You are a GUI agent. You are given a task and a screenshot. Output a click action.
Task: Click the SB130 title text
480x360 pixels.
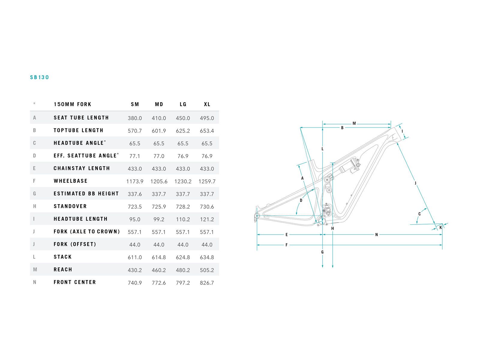pyautogui.click(x=39, y=77)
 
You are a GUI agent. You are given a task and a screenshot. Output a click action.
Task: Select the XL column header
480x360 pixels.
pyautogui.click(x=207, y=104)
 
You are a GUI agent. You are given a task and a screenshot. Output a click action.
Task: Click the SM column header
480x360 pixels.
pyautogui.click(x=135, y=104)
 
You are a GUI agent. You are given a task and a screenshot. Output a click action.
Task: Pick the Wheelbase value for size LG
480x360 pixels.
pyautogui.click(x=183, y=181)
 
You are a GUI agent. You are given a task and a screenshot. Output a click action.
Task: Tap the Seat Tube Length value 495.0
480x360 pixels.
pyautogui.click(x=207, y=118)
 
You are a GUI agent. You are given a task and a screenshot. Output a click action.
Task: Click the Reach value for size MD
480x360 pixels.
pyautogui.click(x=159, y=270)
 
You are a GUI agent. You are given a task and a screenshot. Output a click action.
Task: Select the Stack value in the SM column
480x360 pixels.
pyautogui.click(x=135, y=257)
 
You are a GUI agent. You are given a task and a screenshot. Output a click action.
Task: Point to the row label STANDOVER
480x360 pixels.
pyautogui.click(x=70, y=206)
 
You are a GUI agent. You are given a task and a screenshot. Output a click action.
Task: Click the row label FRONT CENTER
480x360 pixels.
pyautogui.click(x=75, y=282)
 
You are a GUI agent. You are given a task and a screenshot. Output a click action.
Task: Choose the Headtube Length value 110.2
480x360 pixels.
pyautogui.click(x=183, y=220)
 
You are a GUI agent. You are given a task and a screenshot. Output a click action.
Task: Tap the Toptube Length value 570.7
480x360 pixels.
pyautogui.click(x=135, y=131)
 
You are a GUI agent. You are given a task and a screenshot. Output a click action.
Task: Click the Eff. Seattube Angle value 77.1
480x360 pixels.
pyautogui.click(x=135, y=156)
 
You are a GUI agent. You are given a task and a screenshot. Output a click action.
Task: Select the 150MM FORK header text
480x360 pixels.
pyautogui.click(x=73, y=104)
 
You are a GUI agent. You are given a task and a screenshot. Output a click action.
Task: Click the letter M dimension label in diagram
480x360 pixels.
pyautogui.click(x=354, y=123)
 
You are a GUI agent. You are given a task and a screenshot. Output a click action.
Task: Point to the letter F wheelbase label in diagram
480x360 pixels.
pyautogui.click(x=286, y=245)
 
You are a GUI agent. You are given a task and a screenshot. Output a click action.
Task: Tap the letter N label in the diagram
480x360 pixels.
pyautogui.click(x=376, y=235)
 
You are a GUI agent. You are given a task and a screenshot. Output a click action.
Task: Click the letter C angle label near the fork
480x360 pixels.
pyautogui.click(x=419, y=214)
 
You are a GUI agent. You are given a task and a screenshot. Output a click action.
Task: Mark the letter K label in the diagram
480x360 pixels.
pyautogui.click(x=441, y=228)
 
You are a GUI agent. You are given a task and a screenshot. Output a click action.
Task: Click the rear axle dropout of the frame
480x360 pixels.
pyautogui.click(x=257, y=216)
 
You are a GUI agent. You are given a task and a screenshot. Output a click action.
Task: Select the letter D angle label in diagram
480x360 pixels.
pyautogui.click(x=301, y=200)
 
